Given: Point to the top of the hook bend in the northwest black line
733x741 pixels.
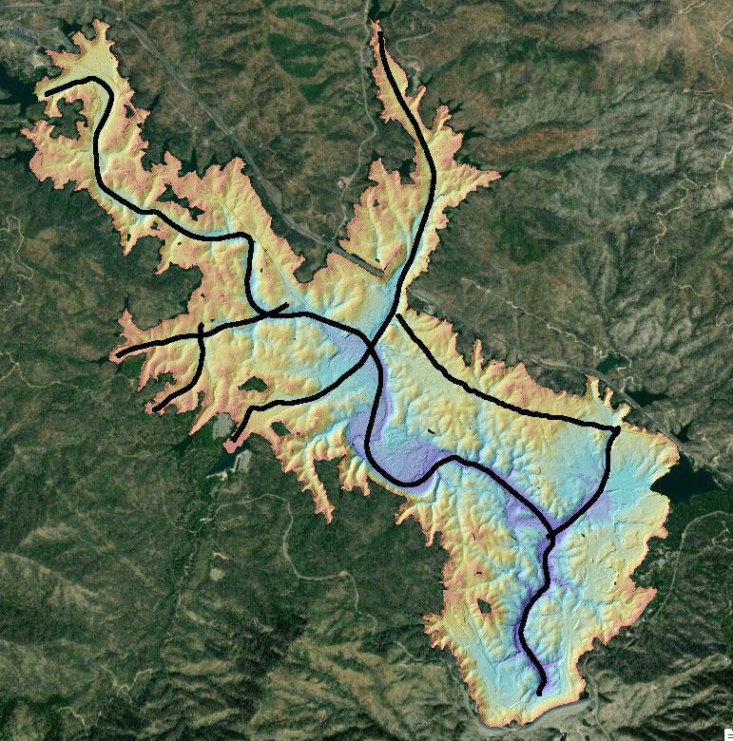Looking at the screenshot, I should point(95,80).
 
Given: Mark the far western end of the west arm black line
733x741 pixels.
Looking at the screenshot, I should point(118,355).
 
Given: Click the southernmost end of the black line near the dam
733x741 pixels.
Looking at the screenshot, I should point(541,693).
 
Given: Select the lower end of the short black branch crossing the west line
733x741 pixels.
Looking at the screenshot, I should point(155,409).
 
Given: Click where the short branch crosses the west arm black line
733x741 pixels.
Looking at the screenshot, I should point(202,333).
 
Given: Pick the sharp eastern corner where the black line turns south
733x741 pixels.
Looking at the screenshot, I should point(617,429).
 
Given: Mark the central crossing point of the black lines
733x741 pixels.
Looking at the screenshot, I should point(372,343).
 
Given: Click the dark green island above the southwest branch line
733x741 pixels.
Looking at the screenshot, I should point(255,385).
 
